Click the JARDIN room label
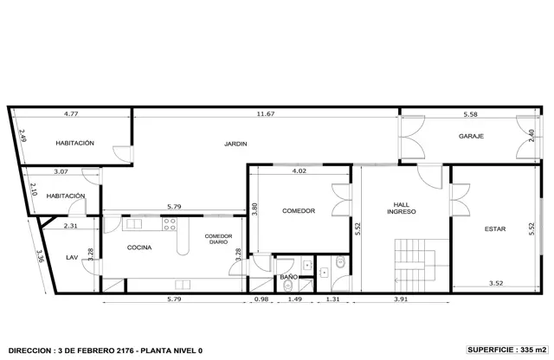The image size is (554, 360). tap(235, 144)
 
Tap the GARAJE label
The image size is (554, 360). tap(471, 136)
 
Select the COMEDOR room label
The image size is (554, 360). tap(299, 211)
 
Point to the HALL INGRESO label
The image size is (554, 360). tap(402, 208)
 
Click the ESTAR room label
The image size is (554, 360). tap(495, 229)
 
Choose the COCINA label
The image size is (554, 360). tap(139, 247)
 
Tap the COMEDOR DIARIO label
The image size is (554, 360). tap(218, 239)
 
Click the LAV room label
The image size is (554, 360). tap(72, 258)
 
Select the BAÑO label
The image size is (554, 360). tap(288, 277)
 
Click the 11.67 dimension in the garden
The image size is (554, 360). tap(266, 113)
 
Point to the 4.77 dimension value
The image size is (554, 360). tap(71, 113)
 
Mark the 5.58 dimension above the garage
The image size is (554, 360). tap(470, 114)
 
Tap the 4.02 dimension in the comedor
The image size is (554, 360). tap(299, 170)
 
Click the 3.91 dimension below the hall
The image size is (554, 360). tap(401, 299)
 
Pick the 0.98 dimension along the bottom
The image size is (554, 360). tap(261, 299)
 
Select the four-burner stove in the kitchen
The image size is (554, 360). tap(170, 224)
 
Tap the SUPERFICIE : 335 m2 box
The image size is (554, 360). tap(507, 350)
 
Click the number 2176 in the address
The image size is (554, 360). tap(125, 350)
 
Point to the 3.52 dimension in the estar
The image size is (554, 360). tap(496, 283)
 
